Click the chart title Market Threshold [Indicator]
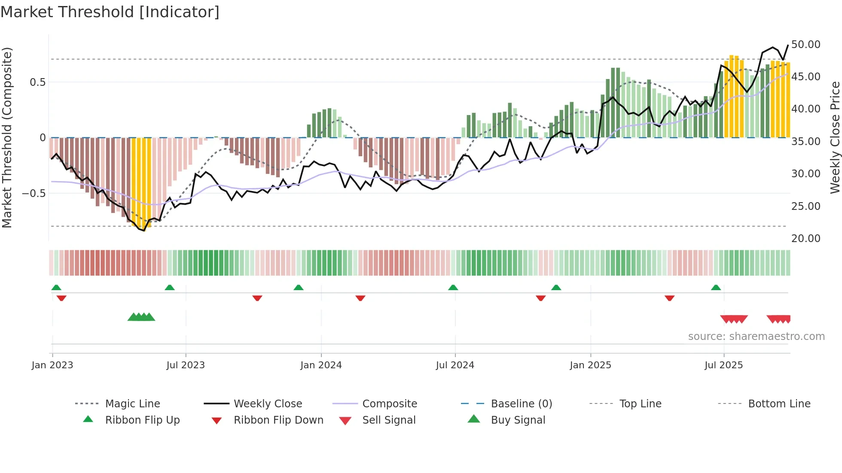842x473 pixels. [x=110, y=12]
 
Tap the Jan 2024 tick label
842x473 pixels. [x=321, y=365]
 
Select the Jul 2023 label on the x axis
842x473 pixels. [x=186, y=365]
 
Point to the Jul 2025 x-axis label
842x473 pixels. [x=723, y=365]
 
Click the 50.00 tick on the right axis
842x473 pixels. [x=805, y=45]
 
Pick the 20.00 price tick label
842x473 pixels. [x=805, y=239]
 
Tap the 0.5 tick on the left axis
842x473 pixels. [x=38, y=82]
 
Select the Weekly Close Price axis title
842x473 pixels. [x=835, y=137]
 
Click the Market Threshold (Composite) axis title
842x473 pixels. [x=7, y=137]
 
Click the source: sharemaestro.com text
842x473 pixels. [x=756, y=337]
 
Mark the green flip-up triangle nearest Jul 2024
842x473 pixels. [x=453, y=288]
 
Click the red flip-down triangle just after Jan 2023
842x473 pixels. [x=61, y=298]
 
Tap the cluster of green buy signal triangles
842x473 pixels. [x=141, y=317]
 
